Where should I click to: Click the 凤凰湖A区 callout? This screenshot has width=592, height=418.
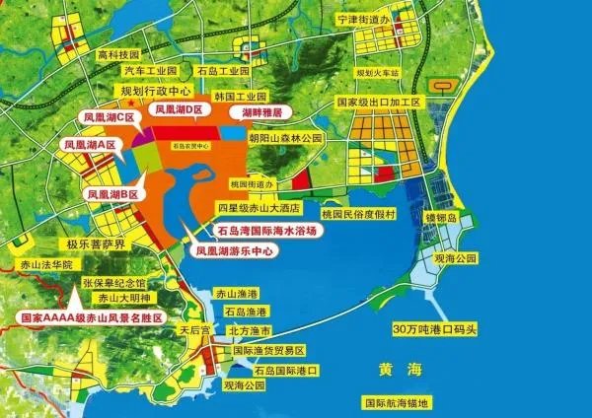[91, 145]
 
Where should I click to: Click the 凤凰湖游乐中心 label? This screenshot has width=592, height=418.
[236, 250]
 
